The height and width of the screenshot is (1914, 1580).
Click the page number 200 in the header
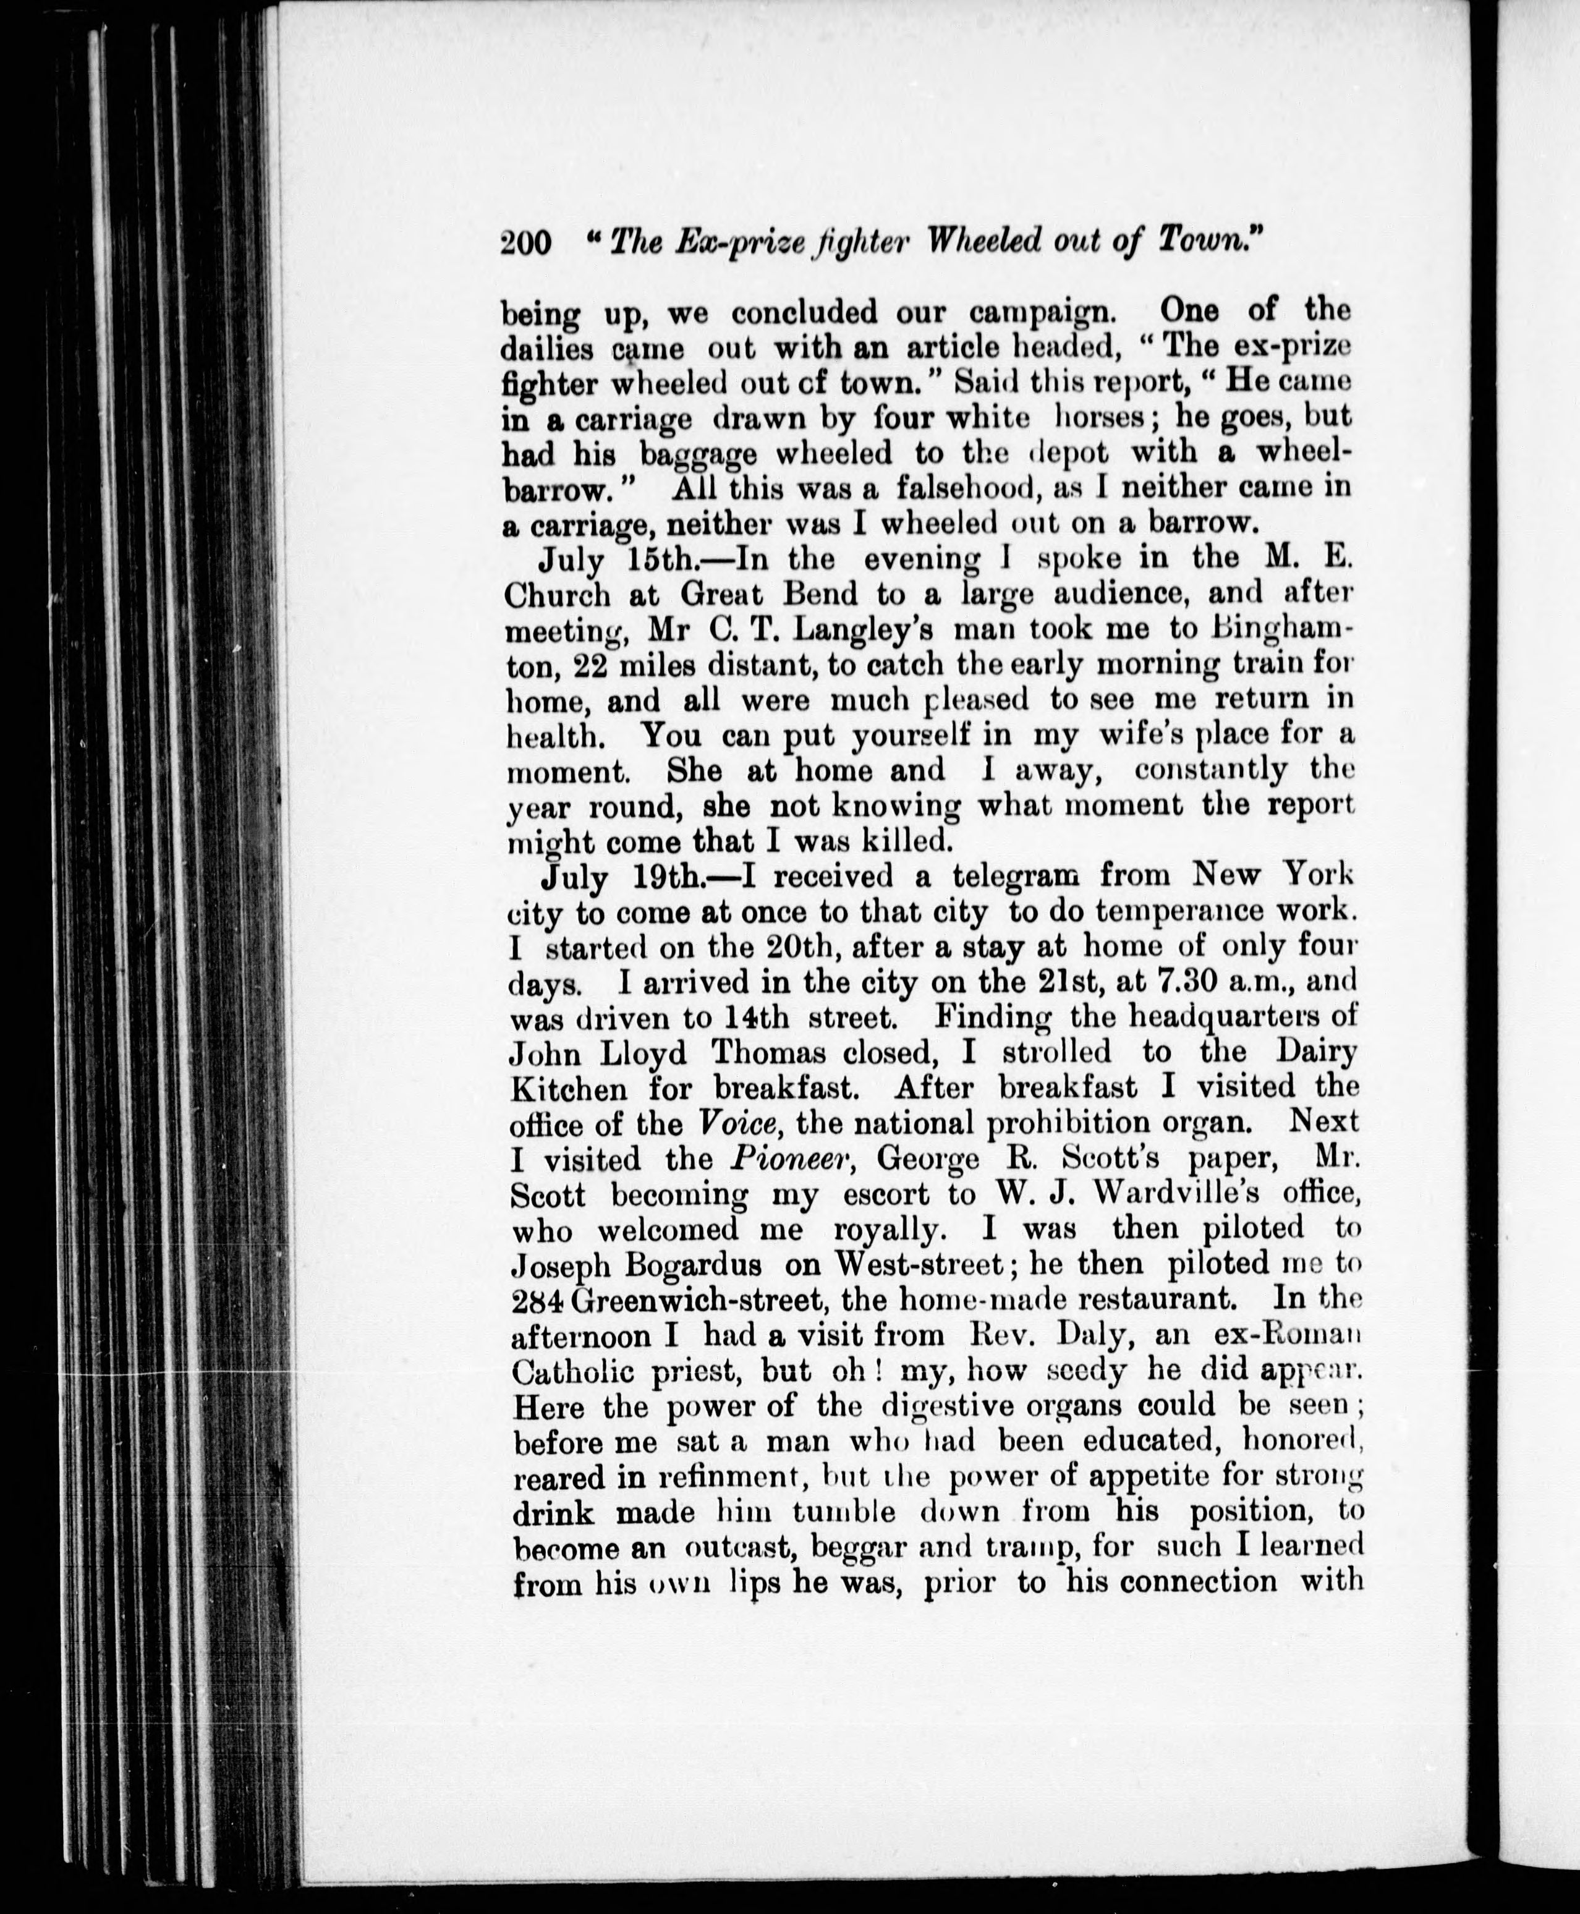pyautogui.click(x=527, y=243)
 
